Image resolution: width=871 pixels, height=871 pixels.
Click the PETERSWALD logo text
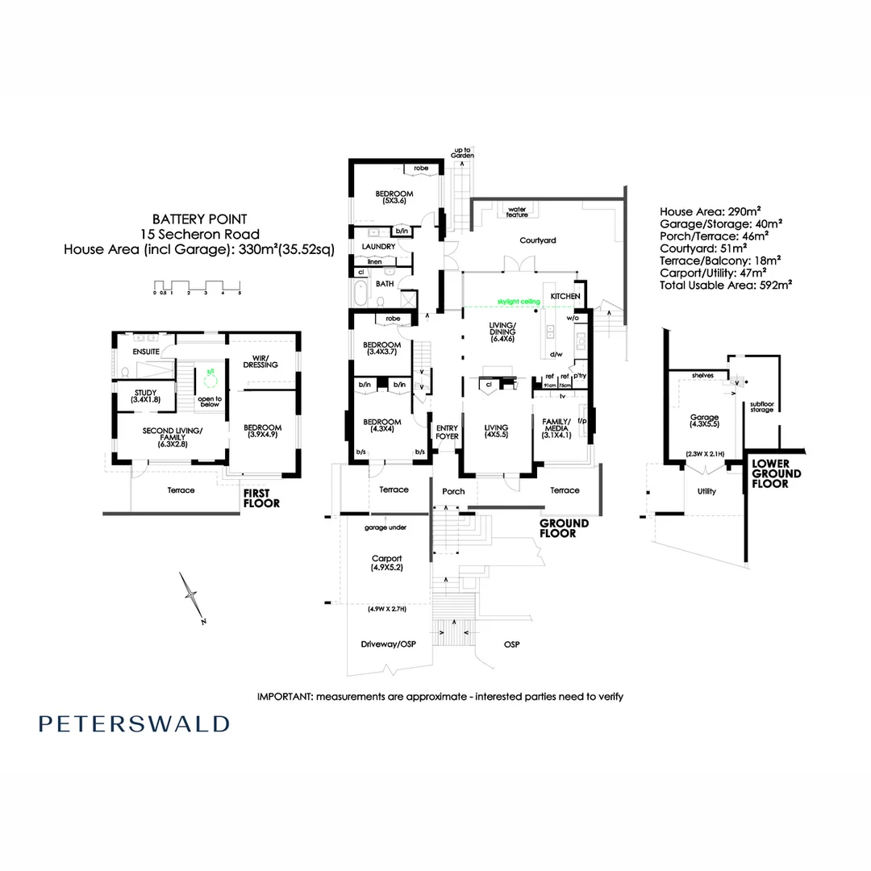(134, 723)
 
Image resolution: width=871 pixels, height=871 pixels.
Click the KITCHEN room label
(565, 297)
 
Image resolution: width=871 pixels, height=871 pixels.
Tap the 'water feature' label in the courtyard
(517, 211)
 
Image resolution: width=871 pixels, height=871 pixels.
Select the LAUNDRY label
(378, 246)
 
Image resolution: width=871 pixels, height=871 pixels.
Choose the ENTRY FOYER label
(447, 431)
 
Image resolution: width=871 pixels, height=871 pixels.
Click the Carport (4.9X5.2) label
(386, 563)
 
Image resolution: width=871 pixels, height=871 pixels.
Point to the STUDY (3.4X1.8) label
(146, 396)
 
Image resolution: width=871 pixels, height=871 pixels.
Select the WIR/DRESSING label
(260, 361)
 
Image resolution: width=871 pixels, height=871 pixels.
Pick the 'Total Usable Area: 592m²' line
(725, 285)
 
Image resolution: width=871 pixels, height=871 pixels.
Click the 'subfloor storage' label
(761, 406)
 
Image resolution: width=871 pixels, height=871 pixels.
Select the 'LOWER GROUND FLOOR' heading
(776, 474)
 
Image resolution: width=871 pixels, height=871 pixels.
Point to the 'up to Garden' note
(462, 153)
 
